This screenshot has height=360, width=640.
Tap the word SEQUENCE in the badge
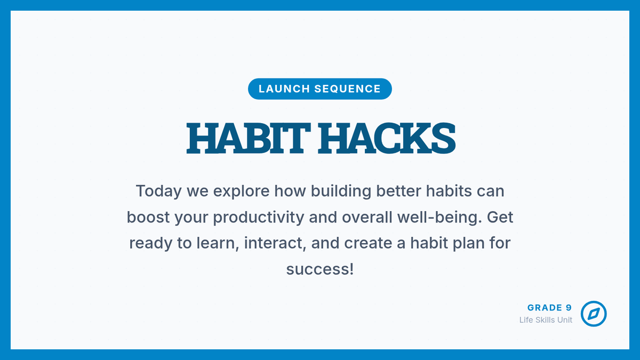click(348, 89)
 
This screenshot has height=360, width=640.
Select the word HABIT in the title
click(249, 138)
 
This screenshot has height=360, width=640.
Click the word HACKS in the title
click(387, 138)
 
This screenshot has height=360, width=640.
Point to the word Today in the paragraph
click(158, 191)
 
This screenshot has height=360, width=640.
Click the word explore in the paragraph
click(242, 191)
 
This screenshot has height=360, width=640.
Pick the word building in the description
click(341, 191)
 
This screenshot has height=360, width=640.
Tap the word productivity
click(259, 218)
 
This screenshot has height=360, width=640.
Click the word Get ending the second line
click(500, 217)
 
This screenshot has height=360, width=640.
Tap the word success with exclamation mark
click(320, 269)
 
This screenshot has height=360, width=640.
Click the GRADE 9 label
click(549, 308)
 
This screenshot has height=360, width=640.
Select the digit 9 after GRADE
click(569, 308)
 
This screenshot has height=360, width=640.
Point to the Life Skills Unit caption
click(546, 320)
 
